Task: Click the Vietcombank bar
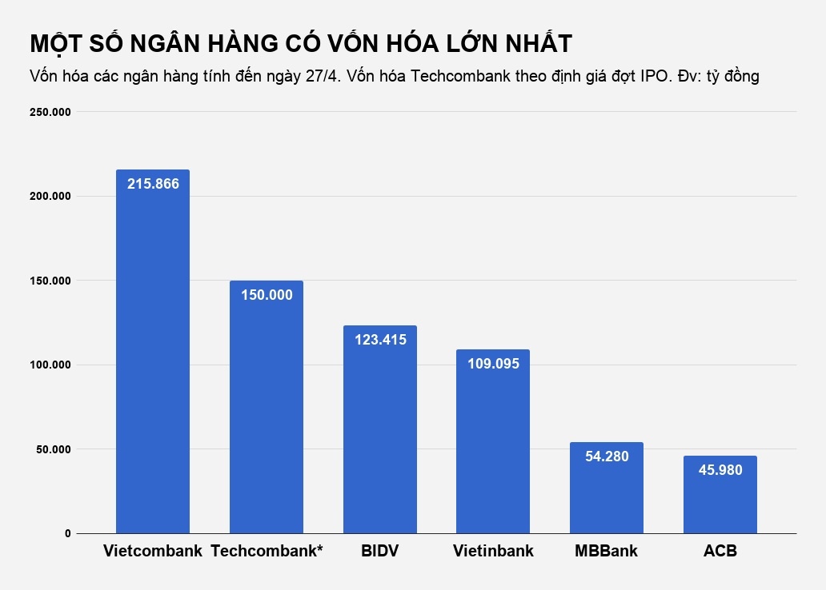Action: pos(153,360)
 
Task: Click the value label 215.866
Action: pos(153,183)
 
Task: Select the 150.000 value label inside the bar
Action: pos(267,294)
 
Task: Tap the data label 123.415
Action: pos(380,339)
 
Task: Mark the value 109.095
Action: pos(493,363)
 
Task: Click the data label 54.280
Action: pos(607,456)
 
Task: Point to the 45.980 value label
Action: pos(720,470)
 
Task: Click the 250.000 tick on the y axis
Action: pos(50,112)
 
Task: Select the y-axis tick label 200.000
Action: pos(50,197)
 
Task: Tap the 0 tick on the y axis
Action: pos(67,533)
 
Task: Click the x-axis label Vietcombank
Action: pos(153,552)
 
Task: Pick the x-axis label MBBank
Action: pos(607,552)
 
